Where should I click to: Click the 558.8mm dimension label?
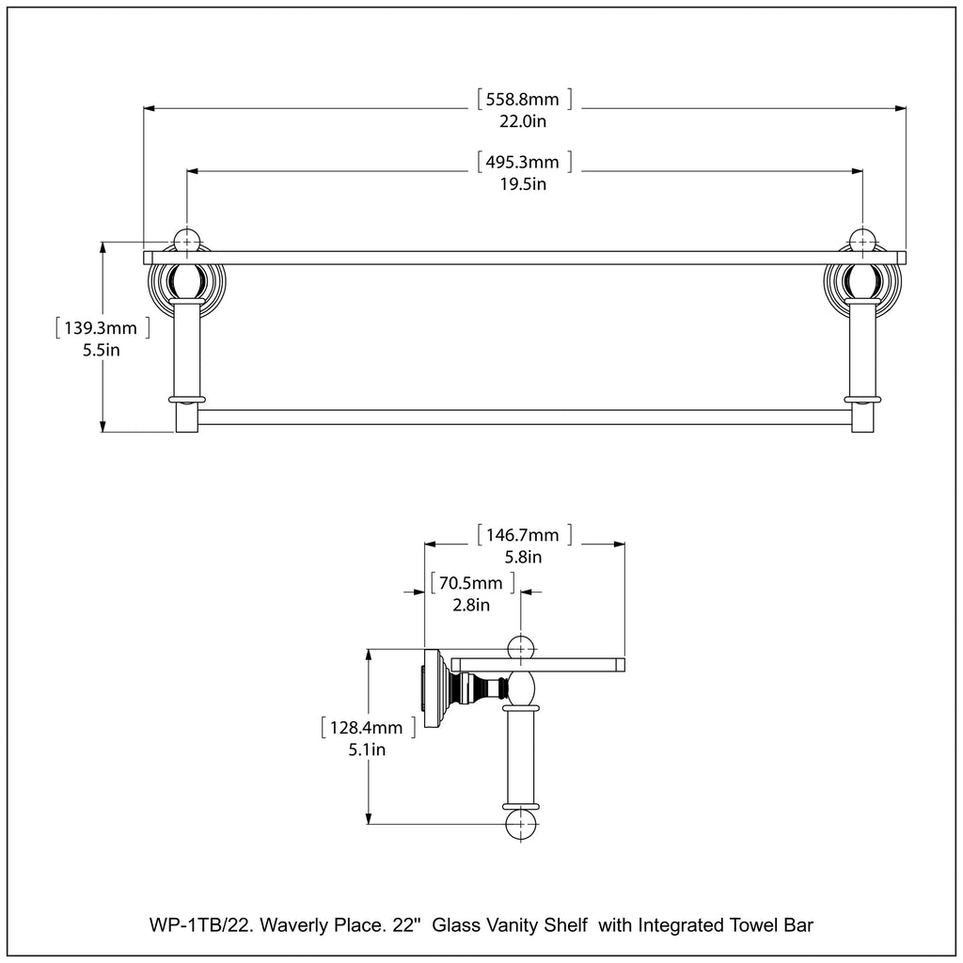click(524, 99)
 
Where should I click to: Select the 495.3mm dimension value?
click(524, 162)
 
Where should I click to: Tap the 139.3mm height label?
click(103, 328)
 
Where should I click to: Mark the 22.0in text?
click(524, 120)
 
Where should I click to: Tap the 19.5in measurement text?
click(524, 183)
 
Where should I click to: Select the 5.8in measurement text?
click(524, 557)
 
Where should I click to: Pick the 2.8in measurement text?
click(471, 605)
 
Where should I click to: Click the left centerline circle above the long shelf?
click(187, 240)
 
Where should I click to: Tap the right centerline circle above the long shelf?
click(862, 240)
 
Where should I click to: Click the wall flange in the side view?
click(433, 689)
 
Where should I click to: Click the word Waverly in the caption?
click(291, 925)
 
